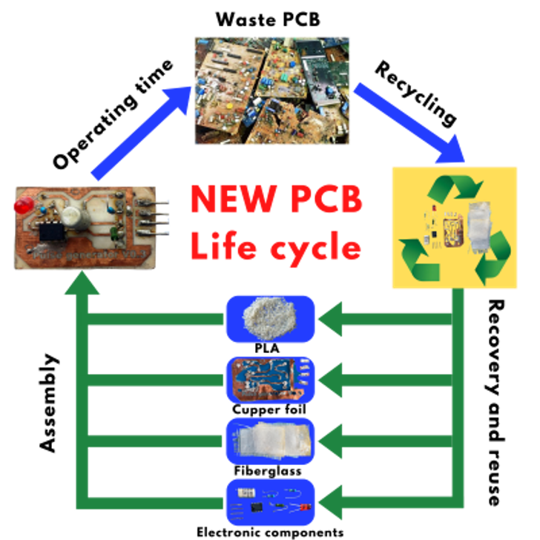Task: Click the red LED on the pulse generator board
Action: point(24,204)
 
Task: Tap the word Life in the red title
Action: point(225,246)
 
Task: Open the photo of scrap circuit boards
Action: point(272,90)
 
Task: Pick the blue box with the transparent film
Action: point(270,441)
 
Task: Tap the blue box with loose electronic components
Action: point(270,501)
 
